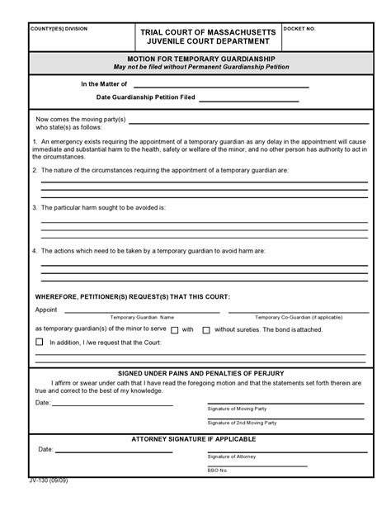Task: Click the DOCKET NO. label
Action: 299,29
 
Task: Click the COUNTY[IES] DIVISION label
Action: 59,29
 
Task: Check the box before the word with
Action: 175,329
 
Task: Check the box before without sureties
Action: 208,329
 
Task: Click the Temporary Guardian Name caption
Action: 144,317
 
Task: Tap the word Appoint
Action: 46,310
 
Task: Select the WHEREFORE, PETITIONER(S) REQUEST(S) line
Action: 132,296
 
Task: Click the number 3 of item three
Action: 34,208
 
